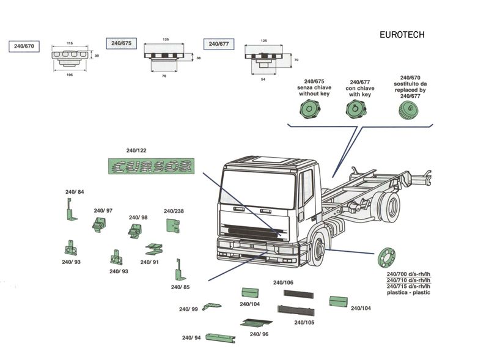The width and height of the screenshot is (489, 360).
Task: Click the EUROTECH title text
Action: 402,35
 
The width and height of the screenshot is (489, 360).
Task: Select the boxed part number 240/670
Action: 23,46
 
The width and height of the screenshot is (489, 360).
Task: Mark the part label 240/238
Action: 174,211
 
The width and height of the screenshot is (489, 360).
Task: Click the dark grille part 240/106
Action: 298,295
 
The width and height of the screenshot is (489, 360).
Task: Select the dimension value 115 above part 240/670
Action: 70,43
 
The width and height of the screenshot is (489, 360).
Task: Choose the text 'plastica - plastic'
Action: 408,293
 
